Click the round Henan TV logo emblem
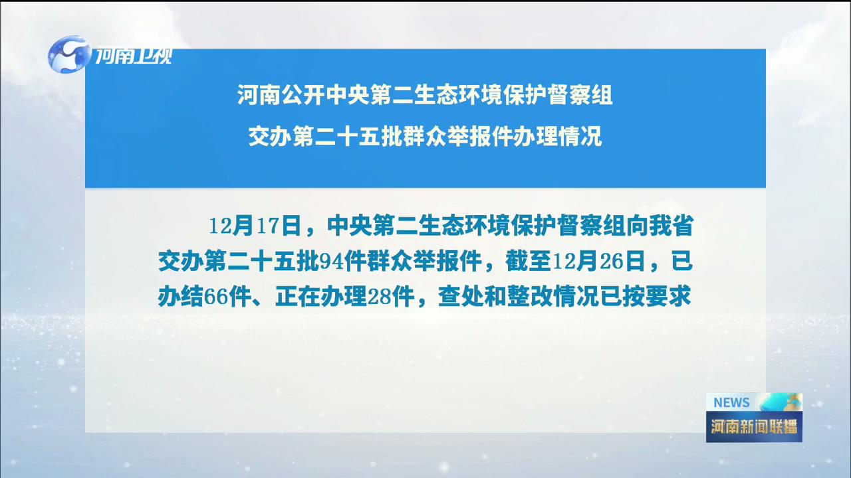click(x=69, y=54)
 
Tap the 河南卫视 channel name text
click(x=133, y=56)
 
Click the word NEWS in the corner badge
click(x=731, y=402)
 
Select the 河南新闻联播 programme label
click(x=754, y=427)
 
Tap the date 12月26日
click(x=598, y=262)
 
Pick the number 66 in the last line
click(x=215, y=297)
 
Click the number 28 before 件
click(x=379, y=297)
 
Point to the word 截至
click(x=528, y=262)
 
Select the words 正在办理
click(x=321, y=297)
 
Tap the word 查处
click(x=461, y=297)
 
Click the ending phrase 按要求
click(x=657, y=297)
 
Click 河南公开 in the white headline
click(x=281, y=94)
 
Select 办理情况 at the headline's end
click(x=558, y=136)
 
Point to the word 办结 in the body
click(x=181, y=297)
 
